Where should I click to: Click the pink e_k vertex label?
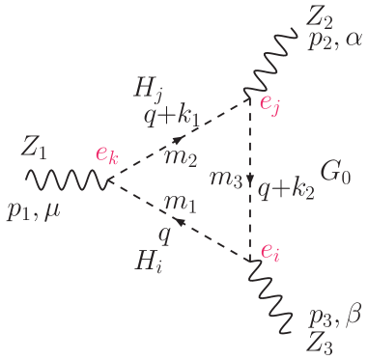pyautogui.click(x=106, y=156)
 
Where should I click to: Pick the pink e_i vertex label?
pyautogui.click(x=271, y=252)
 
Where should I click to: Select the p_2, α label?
pyautogui.click(x=334, y=41)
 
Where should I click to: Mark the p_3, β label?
pyautogui.click(x=334, y=317)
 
